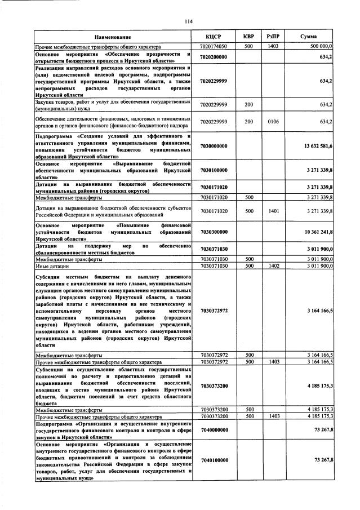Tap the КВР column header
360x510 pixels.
[248, 37]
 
